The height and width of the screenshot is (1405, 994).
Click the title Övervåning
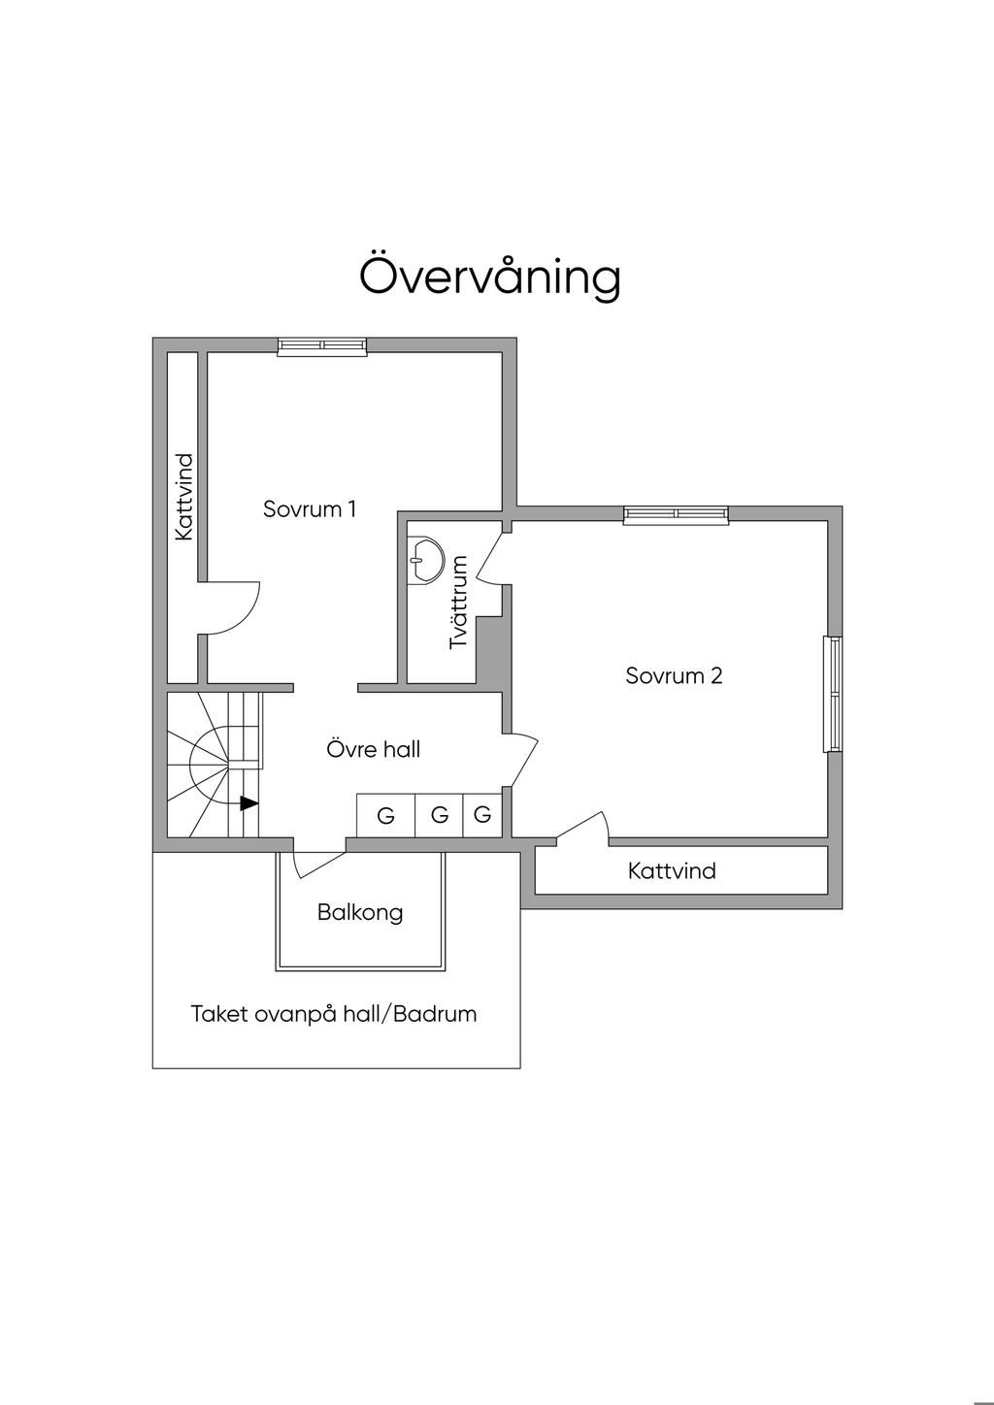490,276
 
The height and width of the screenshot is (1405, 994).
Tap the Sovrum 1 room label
310,508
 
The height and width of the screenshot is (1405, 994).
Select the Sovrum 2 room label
674,675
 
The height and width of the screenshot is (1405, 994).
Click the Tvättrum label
459,602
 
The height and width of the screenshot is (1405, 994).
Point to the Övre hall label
374,749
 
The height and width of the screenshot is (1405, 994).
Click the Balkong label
360,912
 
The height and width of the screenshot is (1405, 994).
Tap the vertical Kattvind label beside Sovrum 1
183,497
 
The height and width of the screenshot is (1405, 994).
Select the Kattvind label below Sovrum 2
672,870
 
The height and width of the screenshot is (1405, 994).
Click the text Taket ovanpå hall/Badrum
334,1015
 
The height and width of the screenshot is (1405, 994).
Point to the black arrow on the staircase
249,803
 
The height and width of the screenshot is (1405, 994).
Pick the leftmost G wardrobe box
385,815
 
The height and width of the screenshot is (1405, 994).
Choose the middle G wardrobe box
440,815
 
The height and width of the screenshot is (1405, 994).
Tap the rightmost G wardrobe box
482,815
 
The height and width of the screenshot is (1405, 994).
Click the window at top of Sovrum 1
322,346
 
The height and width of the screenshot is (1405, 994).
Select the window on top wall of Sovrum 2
676,515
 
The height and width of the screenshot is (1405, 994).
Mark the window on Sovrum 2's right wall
832,694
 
